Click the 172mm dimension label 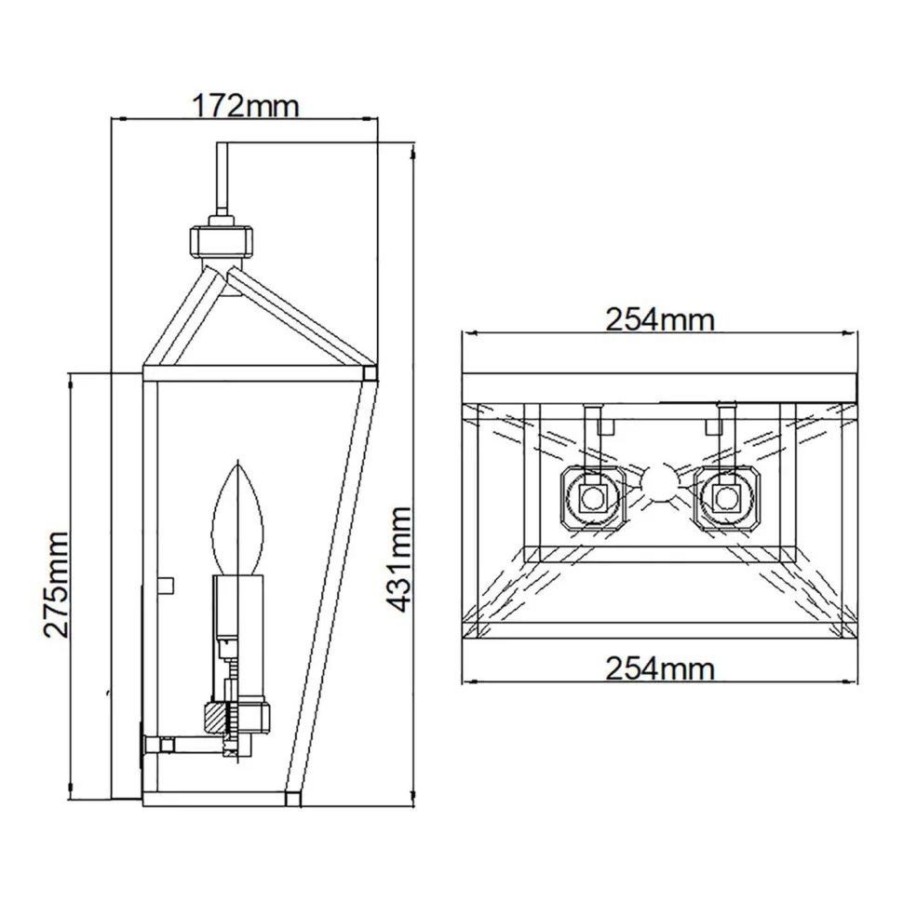coord(246,105)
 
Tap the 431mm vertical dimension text coord(399,559)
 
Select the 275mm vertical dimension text coord(56,584)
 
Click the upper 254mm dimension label coord(660,319)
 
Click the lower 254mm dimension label coord(660,667)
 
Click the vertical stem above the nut coord(222,182)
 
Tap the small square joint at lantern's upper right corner coord(370,374)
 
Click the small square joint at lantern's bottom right coord(292,797)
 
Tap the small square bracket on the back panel coord(167,584)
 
